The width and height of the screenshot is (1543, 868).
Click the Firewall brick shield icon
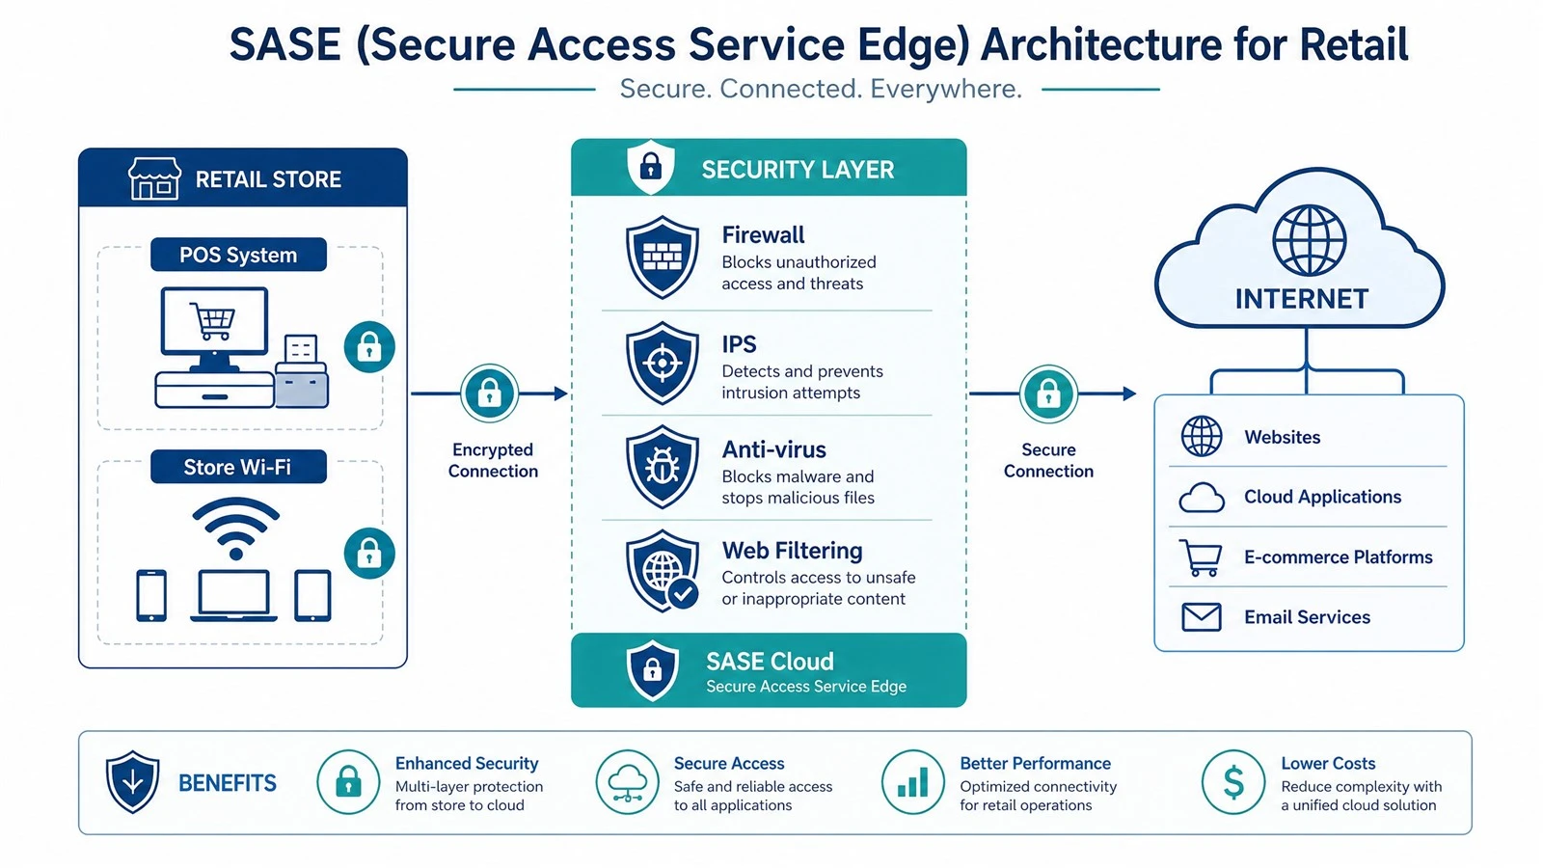(x=662, y=257)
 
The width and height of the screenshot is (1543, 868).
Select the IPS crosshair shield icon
(x=662, y=363)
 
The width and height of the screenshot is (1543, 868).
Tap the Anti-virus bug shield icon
(x=662, y=467)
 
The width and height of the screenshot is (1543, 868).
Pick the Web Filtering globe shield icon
(x=662, y=571)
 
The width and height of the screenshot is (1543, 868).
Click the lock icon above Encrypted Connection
(x=490, y=393)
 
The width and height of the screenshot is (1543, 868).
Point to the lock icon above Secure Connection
(x=1048, y=394)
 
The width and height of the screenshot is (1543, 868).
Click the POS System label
(x=238, y=255)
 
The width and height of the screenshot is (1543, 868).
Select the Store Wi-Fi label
(x=238, y=467)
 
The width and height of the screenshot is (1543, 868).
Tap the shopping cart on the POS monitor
(x=213, y=321)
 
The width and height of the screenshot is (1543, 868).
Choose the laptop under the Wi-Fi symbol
(x=233, y=597)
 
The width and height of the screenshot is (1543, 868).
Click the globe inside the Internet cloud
(x=1309, y=241)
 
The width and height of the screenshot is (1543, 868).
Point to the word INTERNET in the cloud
(x=1302, y=299)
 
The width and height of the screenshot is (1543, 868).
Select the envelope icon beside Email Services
(x=1202, y=617)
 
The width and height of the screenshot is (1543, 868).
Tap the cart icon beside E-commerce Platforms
(x=1201, y=557)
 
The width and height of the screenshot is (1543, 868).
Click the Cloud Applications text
(x=1322, y=497)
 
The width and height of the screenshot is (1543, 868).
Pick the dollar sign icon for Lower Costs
(x=1233, y=782)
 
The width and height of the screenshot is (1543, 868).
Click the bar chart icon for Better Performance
(x=912, y=782)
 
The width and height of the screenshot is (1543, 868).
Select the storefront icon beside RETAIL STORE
(x=155, y=178)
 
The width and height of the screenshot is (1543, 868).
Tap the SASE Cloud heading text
(x=771, y=662)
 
